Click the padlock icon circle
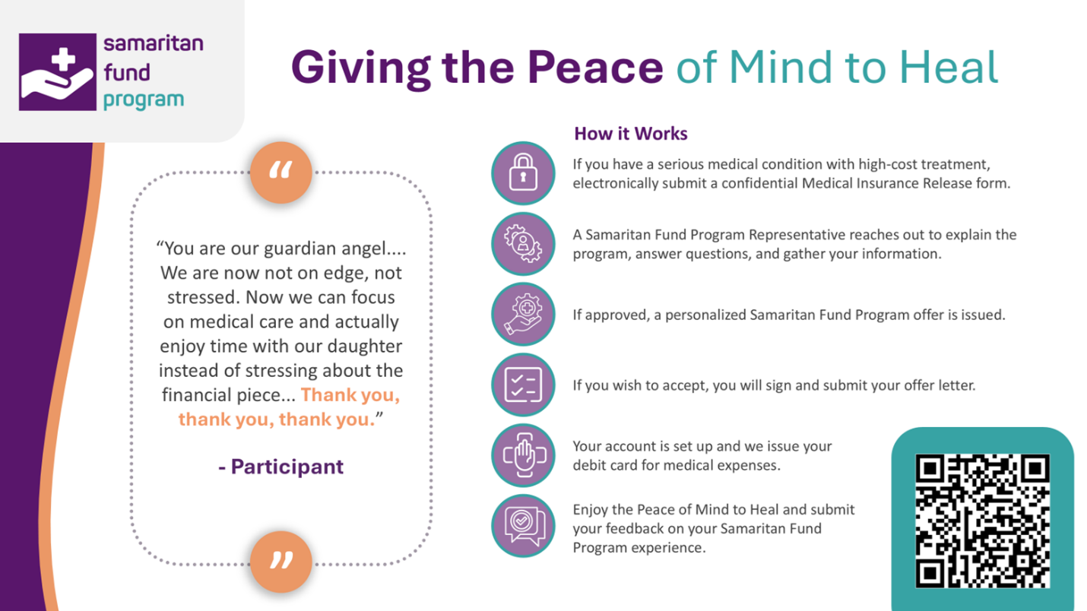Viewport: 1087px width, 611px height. (x=523, y=173)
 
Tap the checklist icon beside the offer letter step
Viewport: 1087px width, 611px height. (x=523, y=385)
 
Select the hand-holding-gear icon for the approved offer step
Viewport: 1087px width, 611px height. (x=523, y=315)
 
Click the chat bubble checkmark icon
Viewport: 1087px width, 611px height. (x=523, y=526)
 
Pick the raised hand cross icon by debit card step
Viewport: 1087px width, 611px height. (x=523, y=455)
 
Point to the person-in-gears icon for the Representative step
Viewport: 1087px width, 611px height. (x=523, y=244)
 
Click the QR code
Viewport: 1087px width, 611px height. (x=983, y=521)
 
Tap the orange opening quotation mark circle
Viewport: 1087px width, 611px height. (x=281, y=173)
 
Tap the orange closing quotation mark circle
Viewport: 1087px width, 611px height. (x=281, y=562)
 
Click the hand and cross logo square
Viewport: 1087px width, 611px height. (x=57, y=72)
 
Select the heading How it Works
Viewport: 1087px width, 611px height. (x=630, y=134)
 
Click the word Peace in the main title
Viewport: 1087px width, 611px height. (x=595, y=67)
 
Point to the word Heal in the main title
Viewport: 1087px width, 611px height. (x=948, y=67)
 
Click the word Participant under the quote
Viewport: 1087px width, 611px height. (x=287, y=467)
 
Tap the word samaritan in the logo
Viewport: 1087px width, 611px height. (x=154, y=43)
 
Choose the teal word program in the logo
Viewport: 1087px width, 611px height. (x=144, y=100)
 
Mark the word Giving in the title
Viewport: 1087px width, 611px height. (x=360, y=68)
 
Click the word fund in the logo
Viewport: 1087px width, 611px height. (x=127, y=72)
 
